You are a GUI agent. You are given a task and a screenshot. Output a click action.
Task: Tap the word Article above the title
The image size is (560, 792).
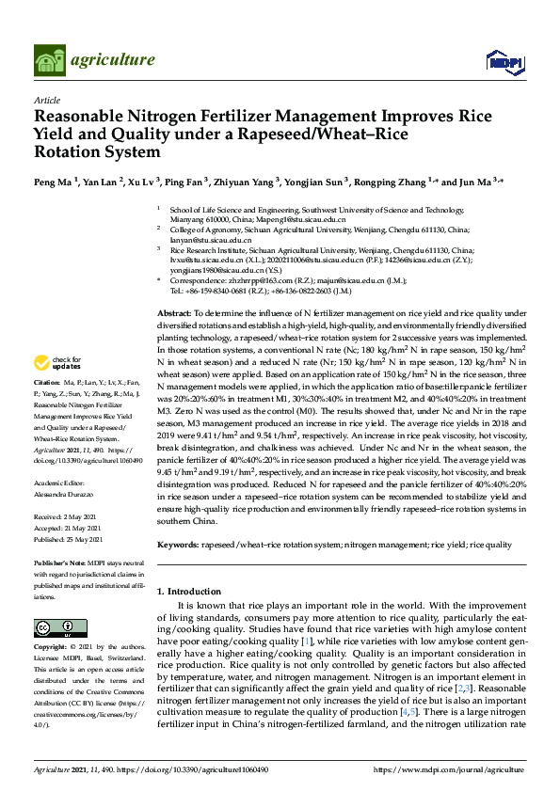46,99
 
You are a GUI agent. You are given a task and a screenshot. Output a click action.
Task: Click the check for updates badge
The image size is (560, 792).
57,362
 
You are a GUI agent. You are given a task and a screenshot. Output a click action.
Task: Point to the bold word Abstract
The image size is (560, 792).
174,311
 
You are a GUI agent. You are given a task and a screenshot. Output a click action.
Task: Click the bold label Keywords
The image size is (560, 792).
177,545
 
